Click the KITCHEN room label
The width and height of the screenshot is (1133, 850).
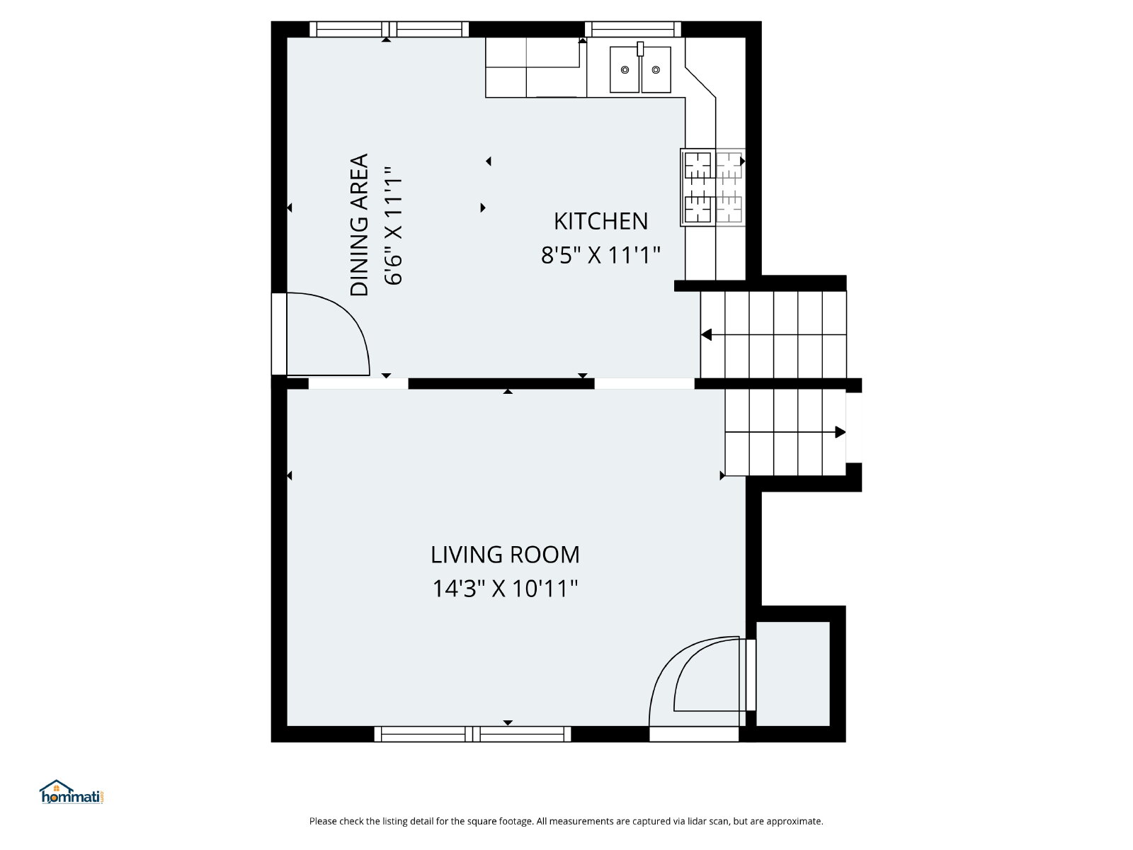tap(600, 222)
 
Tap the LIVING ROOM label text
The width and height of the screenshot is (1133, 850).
tap(505, 555)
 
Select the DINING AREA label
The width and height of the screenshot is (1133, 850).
tap(359, 225)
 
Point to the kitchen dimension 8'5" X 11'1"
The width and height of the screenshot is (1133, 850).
tap(600, 255)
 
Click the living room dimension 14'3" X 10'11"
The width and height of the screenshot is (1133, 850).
tap(505, 589)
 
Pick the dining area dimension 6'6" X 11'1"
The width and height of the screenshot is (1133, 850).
tap(393, 225)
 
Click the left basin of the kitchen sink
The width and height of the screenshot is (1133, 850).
tap(625, 69)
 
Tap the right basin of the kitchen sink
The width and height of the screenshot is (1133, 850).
tap(656, 69)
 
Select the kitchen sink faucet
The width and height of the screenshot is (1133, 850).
tap(640, 49)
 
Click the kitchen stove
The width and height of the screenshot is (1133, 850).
tap(712, 187)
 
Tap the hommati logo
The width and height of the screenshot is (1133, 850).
tap(72, 792)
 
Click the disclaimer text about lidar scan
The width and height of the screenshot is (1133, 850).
tap(566, 821)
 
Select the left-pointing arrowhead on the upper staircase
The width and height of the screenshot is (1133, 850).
tap(707, 335)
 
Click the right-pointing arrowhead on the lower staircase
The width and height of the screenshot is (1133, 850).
tap(841, 432)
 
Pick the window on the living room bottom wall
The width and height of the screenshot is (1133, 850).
tap(472, 734)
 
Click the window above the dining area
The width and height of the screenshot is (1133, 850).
tap(389, 29)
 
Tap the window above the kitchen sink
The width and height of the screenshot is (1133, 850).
tap(633, 29)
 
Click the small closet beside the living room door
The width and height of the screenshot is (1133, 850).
tap(793, 674)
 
